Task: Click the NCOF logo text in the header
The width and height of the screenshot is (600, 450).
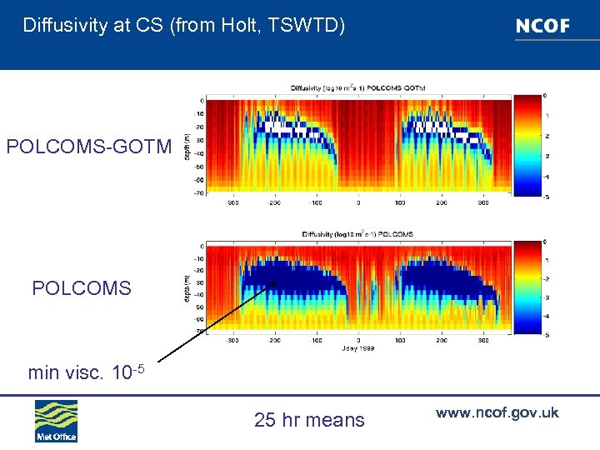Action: coord(542,26)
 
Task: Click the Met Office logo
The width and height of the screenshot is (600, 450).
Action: coord(56,421)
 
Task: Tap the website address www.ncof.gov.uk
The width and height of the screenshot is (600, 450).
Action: coord(497,412)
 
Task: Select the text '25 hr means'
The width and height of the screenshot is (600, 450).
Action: coord(309,420)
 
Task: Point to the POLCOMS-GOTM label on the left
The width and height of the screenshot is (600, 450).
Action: coord(89,147)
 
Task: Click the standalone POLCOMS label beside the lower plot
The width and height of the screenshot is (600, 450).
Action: coord(82,288)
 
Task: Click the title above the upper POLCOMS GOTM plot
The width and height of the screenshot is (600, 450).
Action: coord(358,87)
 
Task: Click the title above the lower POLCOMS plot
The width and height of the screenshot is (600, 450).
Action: coord(358,234)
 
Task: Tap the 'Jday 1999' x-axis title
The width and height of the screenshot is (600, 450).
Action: coord(358,347)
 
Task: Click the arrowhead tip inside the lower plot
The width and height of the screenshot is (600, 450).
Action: coord(277,281)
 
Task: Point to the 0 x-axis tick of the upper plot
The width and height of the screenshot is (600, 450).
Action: coord(358,202)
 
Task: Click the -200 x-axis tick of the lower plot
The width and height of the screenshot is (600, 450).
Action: coord(274,341)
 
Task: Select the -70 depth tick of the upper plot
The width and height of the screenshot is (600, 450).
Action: coord(198,192)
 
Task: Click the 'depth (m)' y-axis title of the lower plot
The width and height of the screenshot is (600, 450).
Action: coord(185,288)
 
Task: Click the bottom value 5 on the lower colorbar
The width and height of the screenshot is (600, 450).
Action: coord(546,335)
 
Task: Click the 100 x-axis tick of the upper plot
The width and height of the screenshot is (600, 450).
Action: coord(401,202)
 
